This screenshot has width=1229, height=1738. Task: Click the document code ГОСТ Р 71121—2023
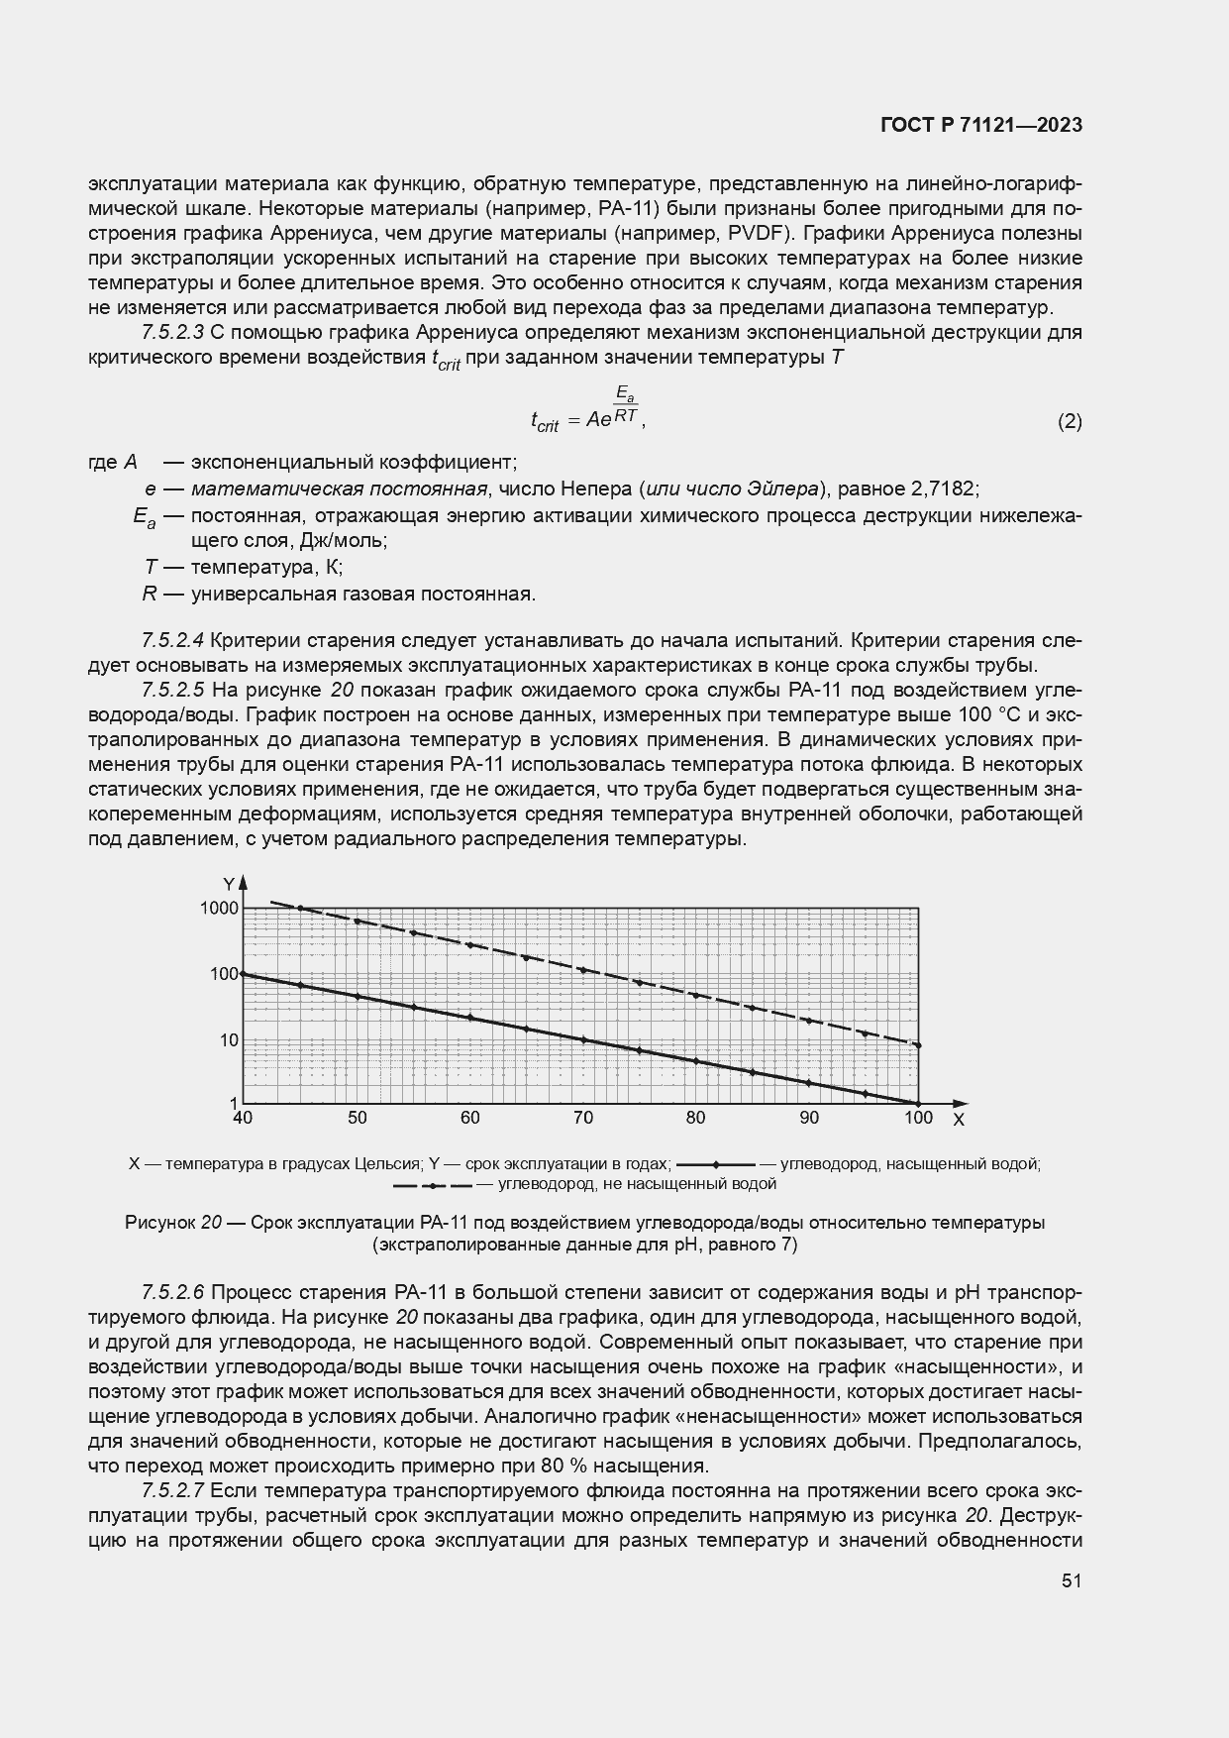pyautogui.click(x=980, y=126)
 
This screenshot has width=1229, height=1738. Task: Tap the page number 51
pyautogui.click(x=1071, y=1580)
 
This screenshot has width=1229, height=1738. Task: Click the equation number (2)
pyautogui.click(x=1070, y=421)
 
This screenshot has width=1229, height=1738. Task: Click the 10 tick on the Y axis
pyautogui.click(x=228, y=1040)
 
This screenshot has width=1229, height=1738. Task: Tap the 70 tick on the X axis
pyautogui.click(x=583, y=1119)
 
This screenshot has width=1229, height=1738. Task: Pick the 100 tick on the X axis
pyautogui.click(x=918, y=1119)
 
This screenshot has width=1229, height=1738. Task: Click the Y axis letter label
pyautogui.click(x=228, y=883)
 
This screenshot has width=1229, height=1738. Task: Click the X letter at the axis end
pyautogui.click(x=958, y=1120)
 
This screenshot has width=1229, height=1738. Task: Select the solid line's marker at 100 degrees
pyautogui.click(x=918, y=1103)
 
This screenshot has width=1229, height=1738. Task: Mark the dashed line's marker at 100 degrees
pyautogui.click(x=918, y=1045)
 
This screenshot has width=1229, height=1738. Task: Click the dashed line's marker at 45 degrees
pyautogui.click(x=300, y=909)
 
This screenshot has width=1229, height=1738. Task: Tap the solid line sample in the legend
pyautogui.click(x=715, y=1164)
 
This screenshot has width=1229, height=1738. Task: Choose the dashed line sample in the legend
pyautogui.click(x=433, y=1184)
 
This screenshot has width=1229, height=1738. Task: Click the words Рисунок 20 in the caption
pyautogui.click(x=172, y=1223)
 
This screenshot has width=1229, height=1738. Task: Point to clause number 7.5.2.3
pyautogui.click(x=172, y=332)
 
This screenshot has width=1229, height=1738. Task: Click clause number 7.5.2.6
pyautogui.click(x=172, y=1292)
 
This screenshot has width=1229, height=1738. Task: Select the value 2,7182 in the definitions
pyautogui.click(x=947, y=489)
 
